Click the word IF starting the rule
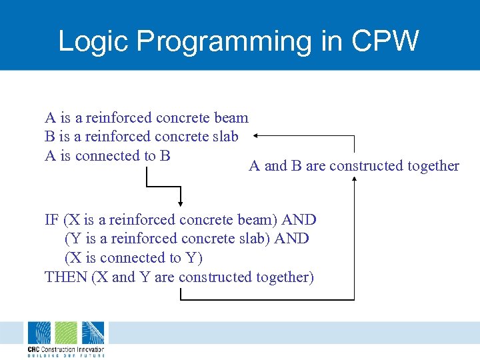coord(52,220)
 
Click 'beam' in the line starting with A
coord(231,118)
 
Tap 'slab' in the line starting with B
coord(227,137)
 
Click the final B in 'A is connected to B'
coord(165,155)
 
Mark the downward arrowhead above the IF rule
coord(181,203)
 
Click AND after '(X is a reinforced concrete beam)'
coord(299,220)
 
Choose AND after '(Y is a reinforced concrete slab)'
coord(292,239)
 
